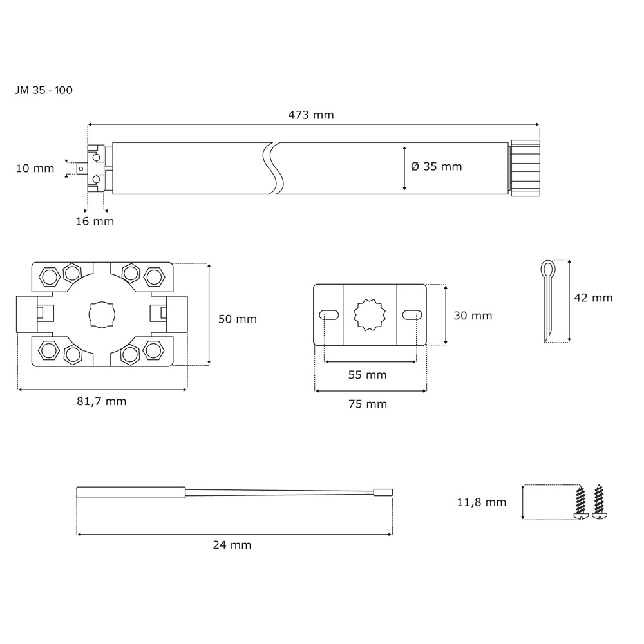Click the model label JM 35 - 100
pos(44,90)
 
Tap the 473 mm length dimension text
pos(311,115)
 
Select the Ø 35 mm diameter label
pos(436,166)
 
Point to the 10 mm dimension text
pos(35,168)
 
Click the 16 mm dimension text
pos(95,222)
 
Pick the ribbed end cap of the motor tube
pos(526,168)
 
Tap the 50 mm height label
pos(238,319)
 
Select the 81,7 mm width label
pos(102,401)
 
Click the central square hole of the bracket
pos(102,315)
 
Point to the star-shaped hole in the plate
pos(370,315)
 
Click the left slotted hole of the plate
pos(329,315)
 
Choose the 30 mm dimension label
pos(473,316)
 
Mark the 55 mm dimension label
pos(368,375)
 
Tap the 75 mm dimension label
pos(368,404)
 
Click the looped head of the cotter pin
pos(548,269)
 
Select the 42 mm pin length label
pos(593,298)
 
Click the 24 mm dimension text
pos(232,545)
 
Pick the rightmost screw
pos(599,502)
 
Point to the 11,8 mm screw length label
pos(482,502)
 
